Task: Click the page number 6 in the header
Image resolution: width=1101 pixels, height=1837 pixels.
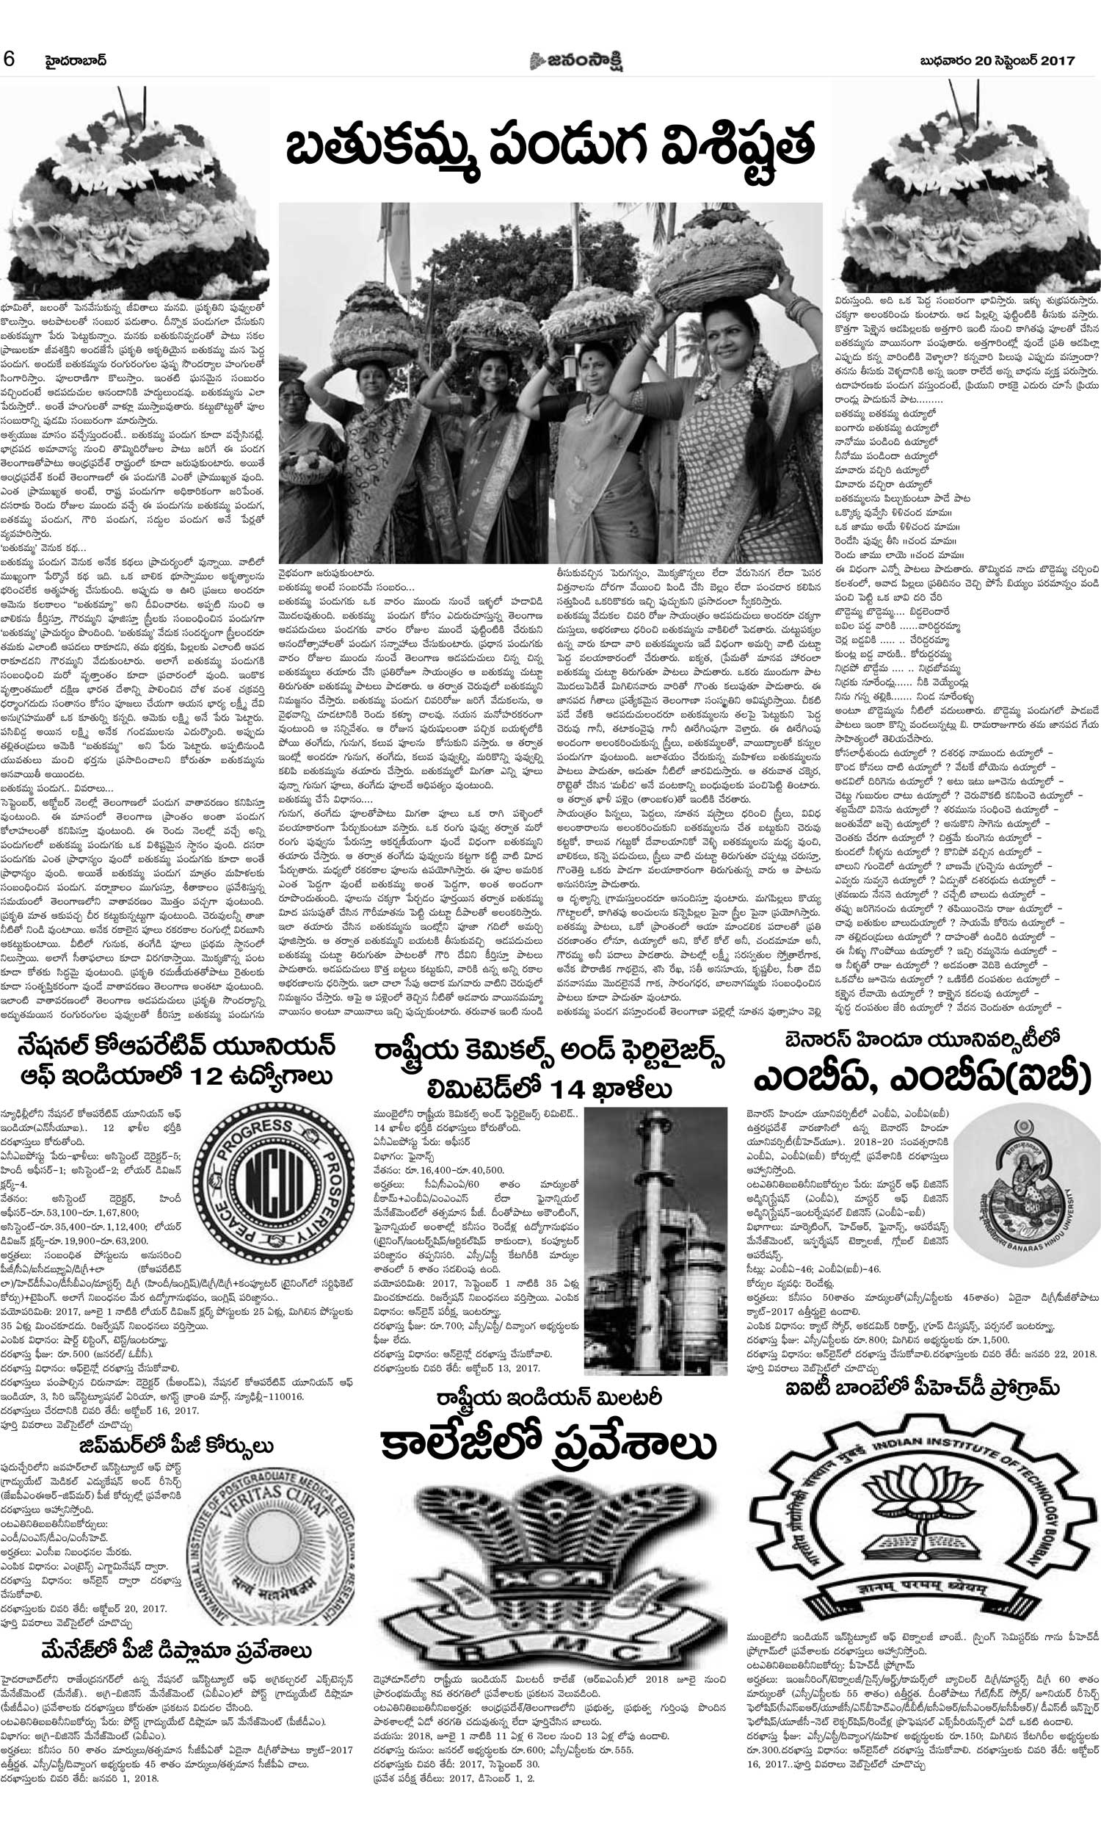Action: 10,59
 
